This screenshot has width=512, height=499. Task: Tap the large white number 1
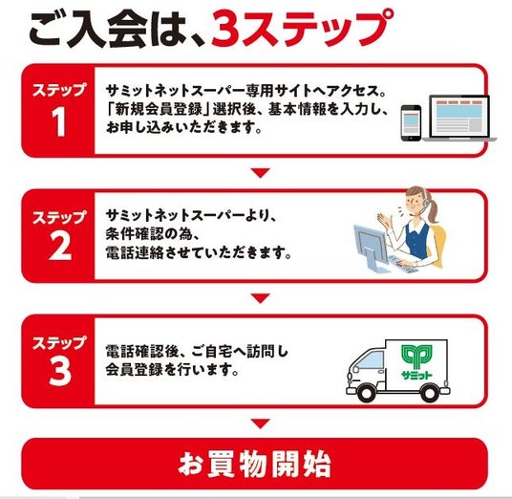point(59,121)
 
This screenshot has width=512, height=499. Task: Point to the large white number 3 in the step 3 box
point(60,371)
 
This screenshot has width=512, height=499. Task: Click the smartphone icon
point(411,123)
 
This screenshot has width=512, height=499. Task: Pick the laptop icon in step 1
point(459,119)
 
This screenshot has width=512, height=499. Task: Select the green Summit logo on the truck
point(416,361)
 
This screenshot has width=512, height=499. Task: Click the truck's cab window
point(372,362)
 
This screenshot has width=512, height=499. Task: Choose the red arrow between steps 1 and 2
point(260,172)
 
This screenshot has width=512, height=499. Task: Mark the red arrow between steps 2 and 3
point(260,297)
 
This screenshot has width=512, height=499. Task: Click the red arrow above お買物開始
point(260,423)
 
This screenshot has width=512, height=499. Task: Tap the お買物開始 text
point(254,464)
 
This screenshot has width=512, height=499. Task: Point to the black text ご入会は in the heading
point(114,30)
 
